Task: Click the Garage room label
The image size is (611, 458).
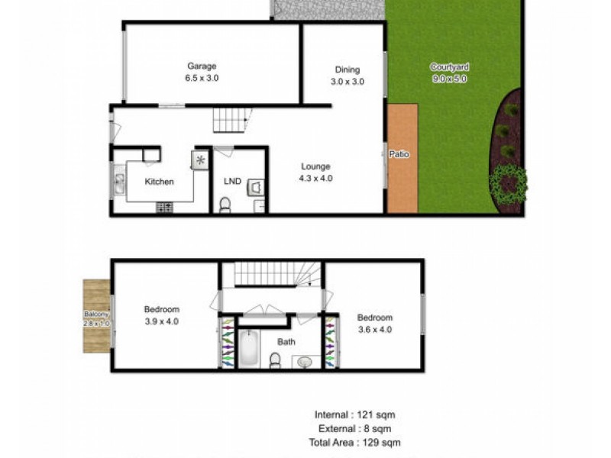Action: pyautogui.click(x=202, y=66)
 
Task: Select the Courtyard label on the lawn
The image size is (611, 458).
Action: pyautogui.click(x=448, y=66)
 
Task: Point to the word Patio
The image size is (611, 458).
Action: pyautogui.click(x=399, y=154)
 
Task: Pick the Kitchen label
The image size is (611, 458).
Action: pyautogui.click(x=160, y=182)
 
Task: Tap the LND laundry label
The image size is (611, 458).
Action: pyautogui.click(x=232, y=182)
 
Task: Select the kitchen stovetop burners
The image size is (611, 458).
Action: pyautogui.click(x=164, y=206)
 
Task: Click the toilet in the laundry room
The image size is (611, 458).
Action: pyautogui.click(x=225, y=205)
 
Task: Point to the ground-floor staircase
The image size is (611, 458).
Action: pyautogui.click(x=231, y=120)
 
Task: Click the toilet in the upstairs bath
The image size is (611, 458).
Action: pyautogui.click(x=275, y=359)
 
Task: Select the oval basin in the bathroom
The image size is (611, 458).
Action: pyautogui.click(x=305, y=360)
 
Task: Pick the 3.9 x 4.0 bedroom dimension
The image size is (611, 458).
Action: pyautogui.click(x=161, y=321)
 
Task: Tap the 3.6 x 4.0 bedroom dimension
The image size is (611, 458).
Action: pyautogui.click(x=374, y=330)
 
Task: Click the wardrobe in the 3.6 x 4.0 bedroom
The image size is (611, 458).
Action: pyautogui.click(x=330, y=343)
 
